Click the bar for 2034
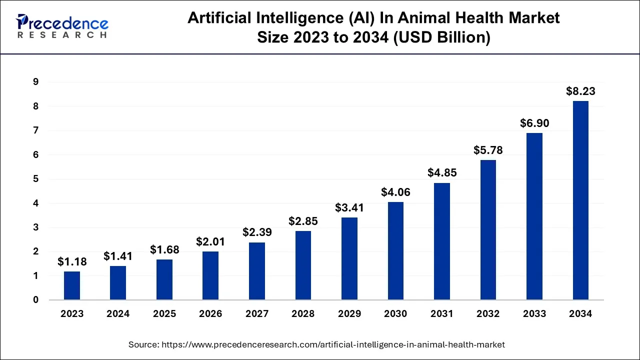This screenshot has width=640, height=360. pyautogui.click(x=580, y=200)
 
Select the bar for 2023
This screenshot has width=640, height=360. pyautogui.click(x=72, y=285)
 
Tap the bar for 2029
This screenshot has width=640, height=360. pyautogui.click(x=349, y=258)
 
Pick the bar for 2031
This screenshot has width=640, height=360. pyautogui.click(x=442, y=241)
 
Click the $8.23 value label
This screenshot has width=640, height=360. pyautogui.click(x=580, y=91)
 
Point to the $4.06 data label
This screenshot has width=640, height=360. pyautogui.click(x=395, y=192)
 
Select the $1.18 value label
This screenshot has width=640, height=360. pyautogui.click(x=72, y=261)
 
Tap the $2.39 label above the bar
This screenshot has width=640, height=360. pyautogui.click(x=257, y=232)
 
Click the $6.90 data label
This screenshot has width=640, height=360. pyautogui.click(x=534, y=123)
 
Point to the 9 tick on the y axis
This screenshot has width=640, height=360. pyautogui.click(x=36, y=82)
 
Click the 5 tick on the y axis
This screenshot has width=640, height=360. pyautogui.click(x=36, y=179)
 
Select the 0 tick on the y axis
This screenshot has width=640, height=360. pyautogui.click(x=36, y=300)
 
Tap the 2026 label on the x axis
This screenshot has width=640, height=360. pyautogui.click(x=210, y=314)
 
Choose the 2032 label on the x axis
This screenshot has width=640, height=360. pyautogui.click(x=488, y=314)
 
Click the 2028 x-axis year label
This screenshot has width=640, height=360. pyautogui.click(x=303, y=314)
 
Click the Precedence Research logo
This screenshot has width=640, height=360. pyautogui.click(x=62, y=26)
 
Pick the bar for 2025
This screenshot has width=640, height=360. pyautogui.click(x=164, y=279)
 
